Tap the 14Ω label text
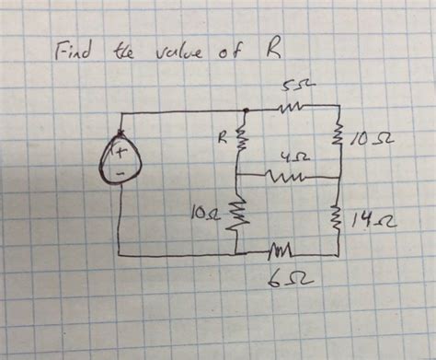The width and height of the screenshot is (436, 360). (x=369, y=219)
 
